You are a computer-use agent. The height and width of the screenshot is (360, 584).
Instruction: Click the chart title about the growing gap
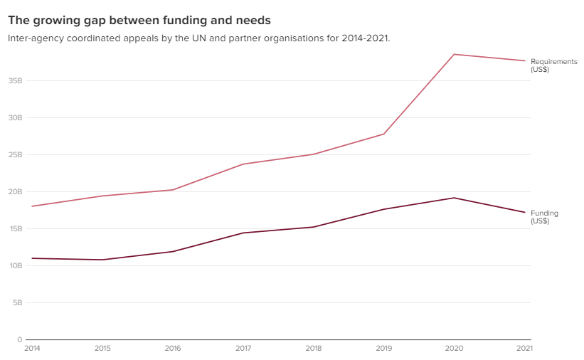pos(139,21)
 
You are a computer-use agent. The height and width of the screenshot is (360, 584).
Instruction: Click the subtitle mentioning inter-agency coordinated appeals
pos(199,38)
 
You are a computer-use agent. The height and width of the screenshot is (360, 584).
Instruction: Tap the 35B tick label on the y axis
pos(15,80)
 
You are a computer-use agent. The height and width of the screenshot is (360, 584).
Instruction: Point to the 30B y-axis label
pos(15,117)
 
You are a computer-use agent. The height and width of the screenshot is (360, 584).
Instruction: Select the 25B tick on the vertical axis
pos(15,154)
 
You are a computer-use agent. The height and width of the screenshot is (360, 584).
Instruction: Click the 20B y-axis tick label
pos(15,191)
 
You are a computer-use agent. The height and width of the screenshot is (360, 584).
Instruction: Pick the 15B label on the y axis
pos(15,228)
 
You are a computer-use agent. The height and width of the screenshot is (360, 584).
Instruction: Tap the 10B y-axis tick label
pos(15,265)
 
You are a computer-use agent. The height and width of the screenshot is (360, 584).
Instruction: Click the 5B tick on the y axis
pos(17,302)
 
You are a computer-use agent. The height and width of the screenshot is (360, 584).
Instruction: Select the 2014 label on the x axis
pos(32,348)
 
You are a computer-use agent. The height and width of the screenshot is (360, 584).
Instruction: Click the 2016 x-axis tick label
pos(173,348)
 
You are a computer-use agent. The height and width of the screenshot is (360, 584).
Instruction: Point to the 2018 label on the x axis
pos(314,348)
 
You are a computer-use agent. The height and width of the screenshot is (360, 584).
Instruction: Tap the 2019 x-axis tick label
pos(384,348)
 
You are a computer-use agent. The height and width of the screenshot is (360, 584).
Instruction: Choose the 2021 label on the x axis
pos(524,348)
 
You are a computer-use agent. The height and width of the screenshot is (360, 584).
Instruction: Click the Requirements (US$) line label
pos(553,65)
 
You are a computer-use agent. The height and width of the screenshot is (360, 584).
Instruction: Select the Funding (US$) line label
pos(544,217)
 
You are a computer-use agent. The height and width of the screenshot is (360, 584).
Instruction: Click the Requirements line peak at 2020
pos(454,54)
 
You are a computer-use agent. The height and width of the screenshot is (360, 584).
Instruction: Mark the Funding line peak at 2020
pos(454,198)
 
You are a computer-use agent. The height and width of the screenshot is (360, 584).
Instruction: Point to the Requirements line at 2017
pos(243,164)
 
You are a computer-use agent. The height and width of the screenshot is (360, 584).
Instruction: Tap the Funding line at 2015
pos(102,260)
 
